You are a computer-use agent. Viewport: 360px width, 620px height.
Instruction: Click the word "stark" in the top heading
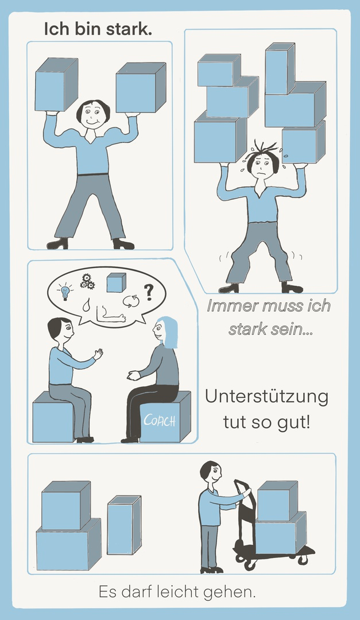click(x=131, y=29)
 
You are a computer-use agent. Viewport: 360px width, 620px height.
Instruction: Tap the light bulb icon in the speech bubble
click(x=65, y=292)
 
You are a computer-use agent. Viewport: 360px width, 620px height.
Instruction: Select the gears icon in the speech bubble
click(x=87, y=281)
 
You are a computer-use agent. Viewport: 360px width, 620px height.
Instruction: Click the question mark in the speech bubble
click(x=148, y=292)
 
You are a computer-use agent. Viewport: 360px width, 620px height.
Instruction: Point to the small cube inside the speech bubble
click(x=117, y=282)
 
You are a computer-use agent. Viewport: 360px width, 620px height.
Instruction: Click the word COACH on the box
click(x=159, y=421)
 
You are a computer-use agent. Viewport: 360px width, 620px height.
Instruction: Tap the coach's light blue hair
click(x=168, y=332)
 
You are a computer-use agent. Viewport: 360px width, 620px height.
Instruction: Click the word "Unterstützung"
click(x=266, y=397)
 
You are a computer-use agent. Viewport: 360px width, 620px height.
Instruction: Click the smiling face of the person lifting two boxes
click(x=92, y=115)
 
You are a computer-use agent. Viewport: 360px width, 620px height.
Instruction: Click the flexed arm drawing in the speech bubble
click(x=111, y=315)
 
